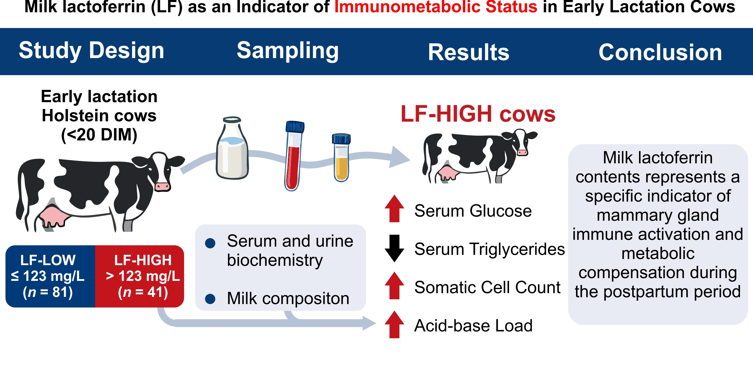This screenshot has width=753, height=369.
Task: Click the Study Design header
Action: click(x=91, y=51)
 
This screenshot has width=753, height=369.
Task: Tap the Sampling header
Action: click(x=288, y=51)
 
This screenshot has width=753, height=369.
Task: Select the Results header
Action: click(x=469, y=52)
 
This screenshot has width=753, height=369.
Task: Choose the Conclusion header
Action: click(x=660, y=52)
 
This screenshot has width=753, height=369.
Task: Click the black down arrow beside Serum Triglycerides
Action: click(x=395, y=248)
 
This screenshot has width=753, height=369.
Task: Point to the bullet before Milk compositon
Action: click(x=210, y=299)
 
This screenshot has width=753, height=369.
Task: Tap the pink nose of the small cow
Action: click(x=522, y=152)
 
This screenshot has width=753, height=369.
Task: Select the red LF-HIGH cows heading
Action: click(x=478, y=114)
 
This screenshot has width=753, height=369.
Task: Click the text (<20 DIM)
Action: click(x=99, y=135)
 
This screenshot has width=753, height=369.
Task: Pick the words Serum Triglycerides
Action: click(x=489, y=249)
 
